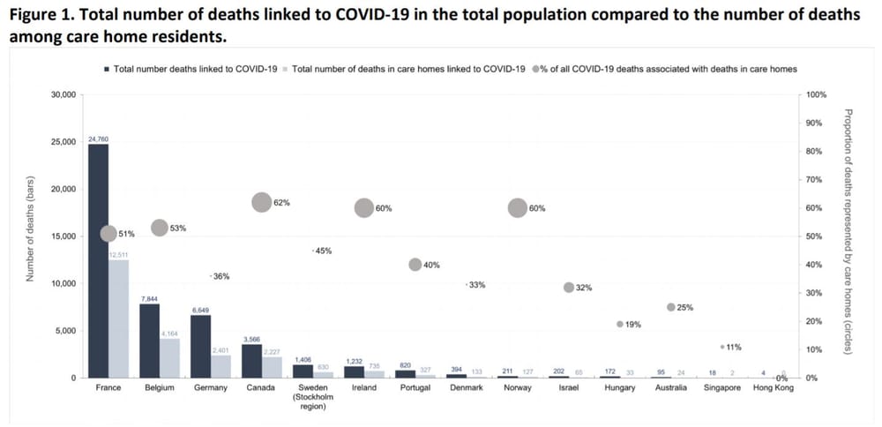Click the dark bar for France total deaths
point(98,260)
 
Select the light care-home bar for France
point(118,318)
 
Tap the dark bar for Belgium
point(149,341)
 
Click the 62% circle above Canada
point(262,202)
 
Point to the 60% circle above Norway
point(518,207)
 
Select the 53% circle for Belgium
point(160,228)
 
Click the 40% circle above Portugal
point(415,265)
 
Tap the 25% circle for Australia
point(671,307)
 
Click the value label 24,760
point(98,139)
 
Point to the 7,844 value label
point(149,298)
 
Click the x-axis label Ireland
point(363,388)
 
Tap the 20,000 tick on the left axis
point(64,189)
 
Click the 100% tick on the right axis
point(816,94)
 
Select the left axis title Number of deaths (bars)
point(30,236)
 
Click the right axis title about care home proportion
point(848,231)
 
